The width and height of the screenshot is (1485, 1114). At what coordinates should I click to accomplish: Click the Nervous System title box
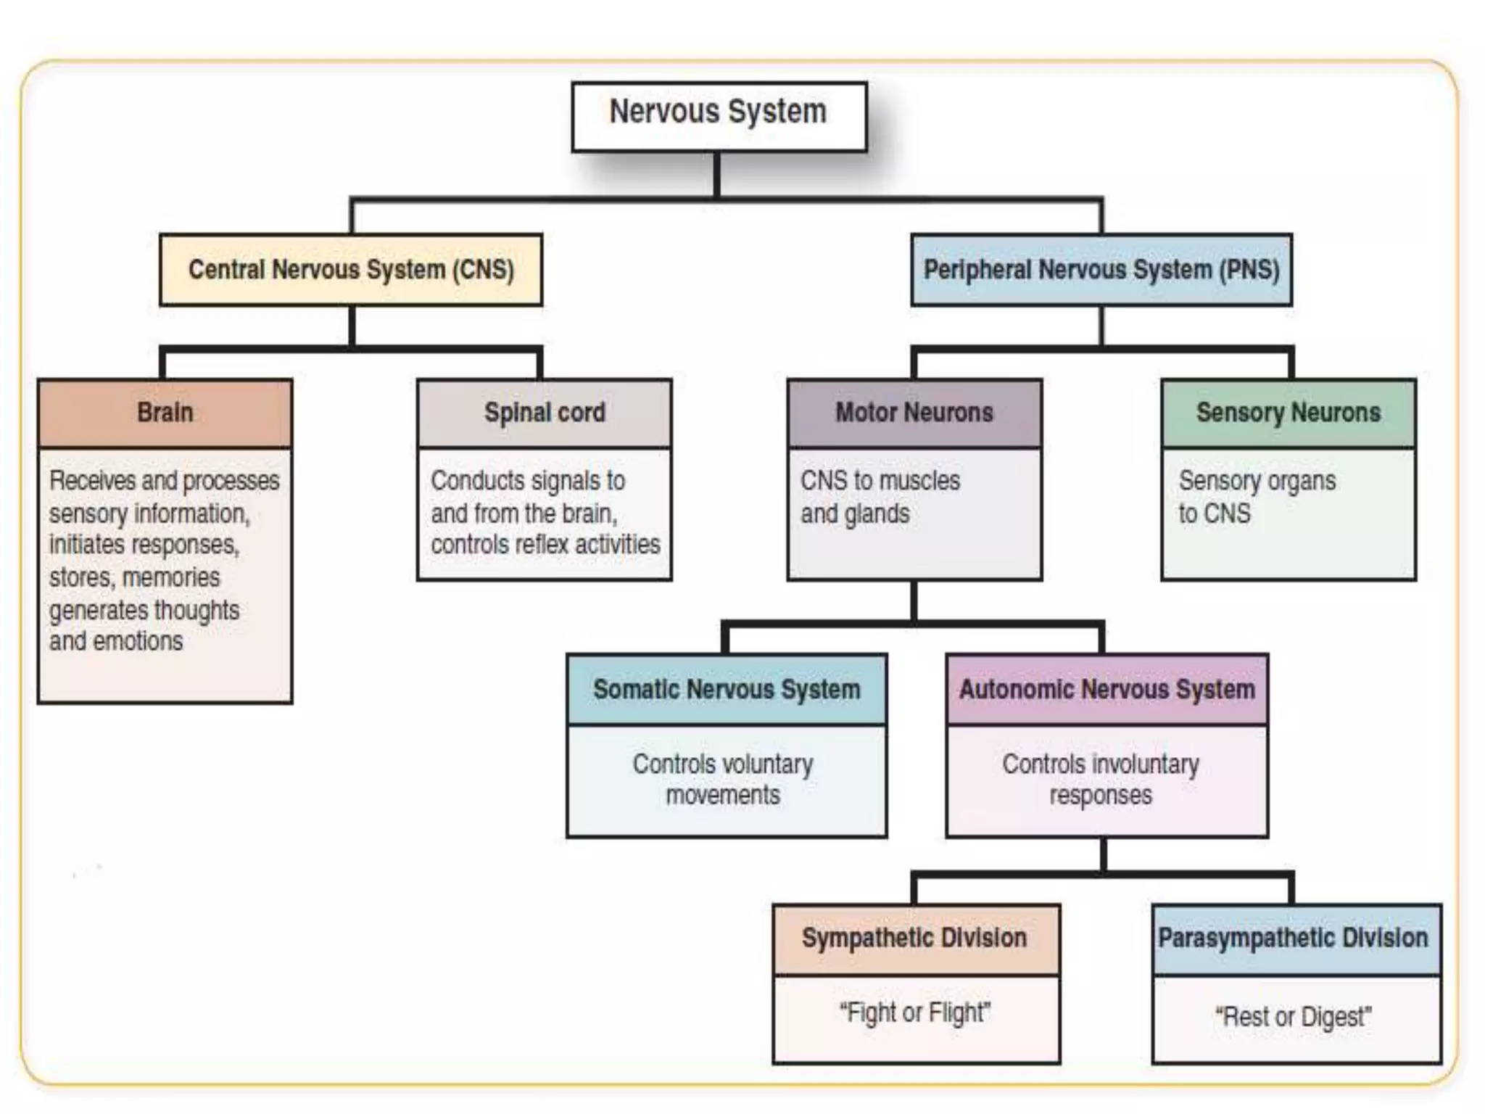719,116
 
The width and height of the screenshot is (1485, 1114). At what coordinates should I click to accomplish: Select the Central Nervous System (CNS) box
351,270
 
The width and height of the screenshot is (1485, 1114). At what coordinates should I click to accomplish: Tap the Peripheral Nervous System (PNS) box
1101,270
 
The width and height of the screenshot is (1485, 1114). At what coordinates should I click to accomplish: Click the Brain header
165,413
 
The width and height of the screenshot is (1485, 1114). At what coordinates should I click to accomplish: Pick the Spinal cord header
545,413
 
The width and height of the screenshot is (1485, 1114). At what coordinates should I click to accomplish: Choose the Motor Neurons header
914,413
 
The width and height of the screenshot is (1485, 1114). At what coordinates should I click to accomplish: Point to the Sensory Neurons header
1288,413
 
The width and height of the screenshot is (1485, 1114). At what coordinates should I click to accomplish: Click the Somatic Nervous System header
727,689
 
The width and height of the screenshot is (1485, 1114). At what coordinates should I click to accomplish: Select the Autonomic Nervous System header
1107,689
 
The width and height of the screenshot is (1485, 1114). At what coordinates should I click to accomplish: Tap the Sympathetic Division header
915,938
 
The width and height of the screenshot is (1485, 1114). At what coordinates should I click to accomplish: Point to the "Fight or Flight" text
915,1012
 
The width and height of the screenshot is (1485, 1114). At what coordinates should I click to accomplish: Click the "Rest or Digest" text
1294,1017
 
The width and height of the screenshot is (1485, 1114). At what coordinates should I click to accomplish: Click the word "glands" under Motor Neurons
876,514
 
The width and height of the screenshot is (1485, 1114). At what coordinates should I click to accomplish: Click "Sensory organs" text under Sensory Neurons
1257,481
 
